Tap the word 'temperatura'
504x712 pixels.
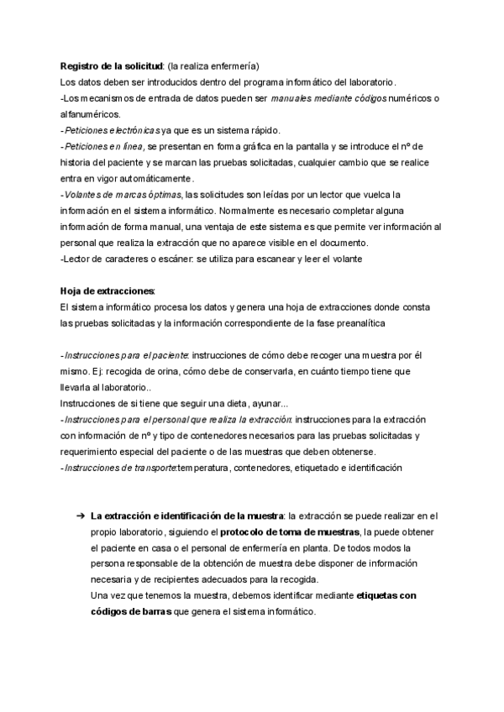[x=203, y=469]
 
